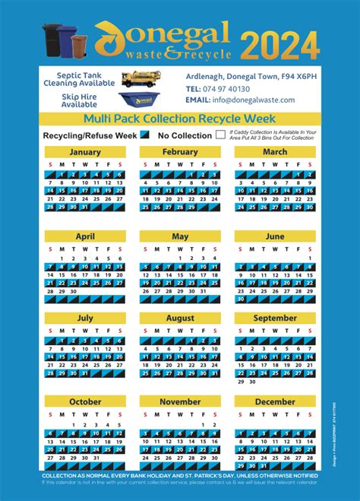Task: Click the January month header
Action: click(x=85, y=152)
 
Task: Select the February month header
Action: click(x=180, y=152)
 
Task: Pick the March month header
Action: click(x=275, y=152)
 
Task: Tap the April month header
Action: click(x=85, y=236)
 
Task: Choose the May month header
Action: click(x=180, y=236)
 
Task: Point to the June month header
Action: click(x=275, y=236)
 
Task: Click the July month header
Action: click(x=85, y=319)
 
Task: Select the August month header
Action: click(x=180, y=319)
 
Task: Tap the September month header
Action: click(x=275, y=319)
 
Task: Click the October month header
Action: click(x=85, y=401)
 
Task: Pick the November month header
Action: click(x=180, y=401)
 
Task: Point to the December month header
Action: click(x=275, y=401)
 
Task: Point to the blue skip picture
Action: click(x=137, y=100)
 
